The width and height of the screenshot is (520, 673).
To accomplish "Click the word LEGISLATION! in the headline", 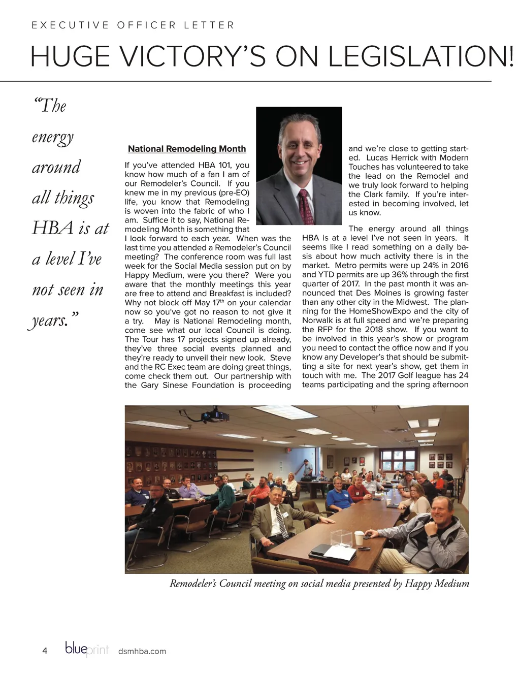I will click(421, 56).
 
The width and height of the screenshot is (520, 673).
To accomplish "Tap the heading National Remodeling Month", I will click(187, 149).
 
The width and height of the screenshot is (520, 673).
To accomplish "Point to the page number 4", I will click(45, 651).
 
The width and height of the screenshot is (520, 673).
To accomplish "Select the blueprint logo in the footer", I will click(87, 650).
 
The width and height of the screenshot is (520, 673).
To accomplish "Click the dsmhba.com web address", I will click(142, 651).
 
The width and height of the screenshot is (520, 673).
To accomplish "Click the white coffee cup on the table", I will click(359, 537).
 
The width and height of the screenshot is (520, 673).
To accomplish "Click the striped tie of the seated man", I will click(281, 522).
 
